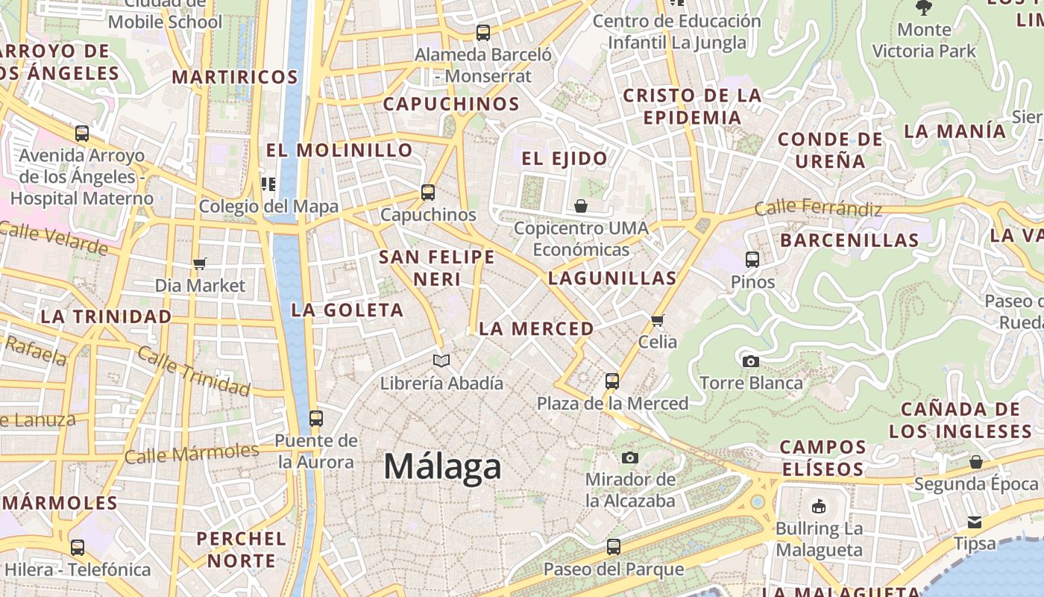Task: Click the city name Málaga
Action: [x=442, y=466]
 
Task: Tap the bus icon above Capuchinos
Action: [x=428, y=192]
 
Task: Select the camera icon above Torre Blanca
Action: [x=751, y=361]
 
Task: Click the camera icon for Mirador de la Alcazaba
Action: [x=630, y=457]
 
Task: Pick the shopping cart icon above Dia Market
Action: [x=199, y=263]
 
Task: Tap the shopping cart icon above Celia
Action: [x=657, y=320]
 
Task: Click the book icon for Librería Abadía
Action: [x=441, y=361]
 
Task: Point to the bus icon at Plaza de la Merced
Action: [x=612, y=381]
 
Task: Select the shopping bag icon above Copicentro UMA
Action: [x=581, y=205]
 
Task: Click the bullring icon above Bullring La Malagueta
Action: [x=819, y=507]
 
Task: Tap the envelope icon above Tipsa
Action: [x=975, y=522]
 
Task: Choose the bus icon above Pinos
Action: [x=752, y=260]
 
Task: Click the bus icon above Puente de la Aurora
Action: [x=316, y=418]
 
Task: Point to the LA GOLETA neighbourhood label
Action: [x=347, y=310]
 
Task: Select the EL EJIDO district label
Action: [x=565, y=158]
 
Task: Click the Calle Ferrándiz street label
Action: [x=817, y=208]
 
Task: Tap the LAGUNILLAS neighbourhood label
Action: [x=612, y=278]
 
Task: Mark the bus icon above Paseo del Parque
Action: [x=613, y=547]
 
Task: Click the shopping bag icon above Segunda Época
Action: [x=975, y=462]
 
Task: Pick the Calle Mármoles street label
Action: [x=192, y=453]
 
